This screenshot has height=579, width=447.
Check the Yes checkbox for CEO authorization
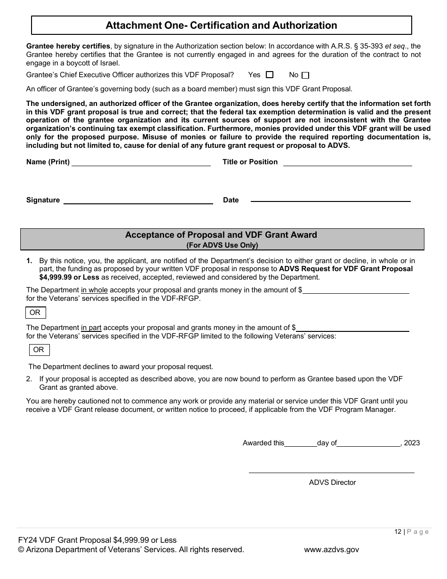[270, 75]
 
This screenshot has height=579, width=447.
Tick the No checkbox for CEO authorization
[305, 75]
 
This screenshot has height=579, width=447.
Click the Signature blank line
[138, 201]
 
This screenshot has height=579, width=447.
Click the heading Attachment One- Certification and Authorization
[221, 25]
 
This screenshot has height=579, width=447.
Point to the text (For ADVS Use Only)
[222, 245]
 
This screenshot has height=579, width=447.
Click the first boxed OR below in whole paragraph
[35, 313]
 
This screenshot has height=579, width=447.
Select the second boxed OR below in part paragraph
[39, 350]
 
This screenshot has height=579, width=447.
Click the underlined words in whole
[94, 290]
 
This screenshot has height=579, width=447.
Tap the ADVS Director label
[332, 482]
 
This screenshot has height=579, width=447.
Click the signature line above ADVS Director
[331, 472]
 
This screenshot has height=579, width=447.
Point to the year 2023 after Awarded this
[412, 443]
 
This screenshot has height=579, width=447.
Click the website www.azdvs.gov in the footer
[331, 549]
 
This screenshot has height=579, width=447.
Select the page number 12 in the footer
[398, 531]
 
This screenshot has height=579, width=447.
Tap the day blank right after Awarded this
[301, 443]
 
